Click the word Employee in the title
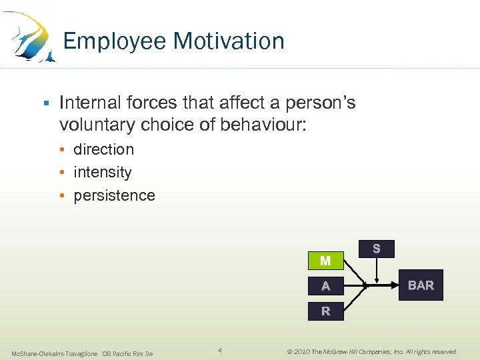[115, 41]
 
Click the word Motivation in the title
[229, 41]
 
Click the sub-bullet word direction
[103, 149]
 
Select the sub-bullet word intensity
[102, 172]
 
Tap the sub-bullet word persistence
[114, 195]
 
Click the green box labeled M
[325, 261]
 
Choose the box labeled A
[325, 286]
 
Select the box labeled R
[325, 311]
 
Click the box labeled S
[377, 249]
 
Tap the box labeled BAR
[421, 286]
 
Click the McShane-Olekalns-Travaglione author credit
[55, 353]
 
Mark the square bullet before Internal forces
[45, 103]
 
